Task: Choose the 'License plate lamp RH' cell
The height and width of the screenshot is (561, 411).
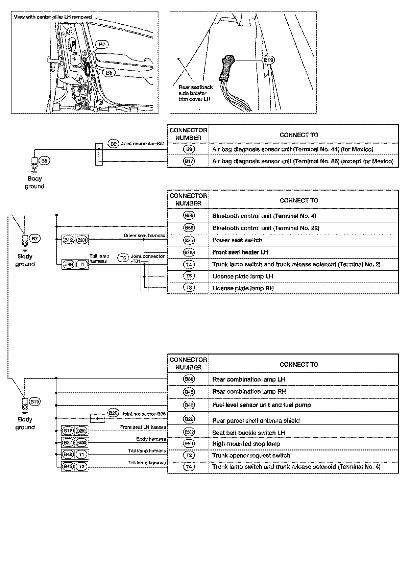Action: click(243, 288)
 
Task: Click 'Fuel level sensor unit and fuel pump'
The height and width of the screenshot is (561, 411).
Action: click(261, 405)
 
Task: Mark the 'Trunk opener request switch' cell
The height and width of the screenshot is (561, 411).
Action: click(251, 455)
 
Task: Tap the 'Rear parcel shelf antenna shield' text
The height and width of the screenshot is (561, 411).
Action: click(256, 420)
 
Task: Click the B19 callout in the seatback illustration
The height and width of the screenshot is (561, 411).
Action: click(268, 60)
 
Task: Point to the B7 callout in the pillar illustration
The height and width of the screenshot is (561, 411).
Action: click(102, 44)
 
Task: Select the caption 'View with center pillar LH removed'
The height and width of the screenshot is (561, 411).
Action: click(53, 17)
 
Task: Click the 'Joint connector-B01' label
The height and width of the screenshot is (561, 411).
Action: click(143, 144)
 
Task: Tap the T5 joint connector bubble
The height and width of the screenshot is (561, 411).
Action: click(123, 258)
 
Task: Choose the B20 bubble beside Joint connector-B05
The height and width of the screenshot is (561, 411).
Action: click(113, 413)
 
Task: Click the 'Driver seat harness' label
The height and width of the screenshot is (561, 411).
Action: click(144, 236)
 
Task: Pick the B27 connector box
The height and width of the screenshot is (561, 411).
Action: click(68, 442)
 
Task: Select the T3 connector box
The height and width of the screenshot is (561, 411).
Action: click(81, 466)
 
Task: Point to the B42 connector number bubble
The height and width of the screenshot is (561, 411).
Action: click(189, 405)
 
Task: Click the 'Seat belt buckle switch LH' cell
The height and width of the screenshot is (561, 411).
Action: click(248, 433)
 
